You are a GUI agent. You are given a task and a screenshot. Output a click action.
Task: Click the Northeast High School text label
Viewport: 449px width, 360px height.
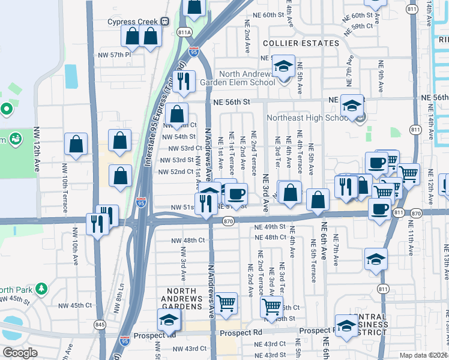[307, 118]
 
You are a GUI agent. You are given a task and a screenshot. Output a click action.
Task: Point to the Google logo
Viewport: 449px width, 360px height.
[20, 353]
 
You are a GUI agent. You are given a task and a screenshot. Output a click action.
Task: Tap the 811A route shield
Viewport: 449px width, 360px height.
[184, 32]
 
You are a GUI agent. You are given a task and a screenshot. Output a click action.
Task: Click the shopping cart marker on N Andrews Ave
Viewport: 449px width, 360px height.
[226, 303]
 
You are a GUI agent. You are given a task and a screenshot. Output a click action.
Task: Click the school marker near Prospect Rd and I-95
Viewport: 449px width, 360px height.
[169, 320]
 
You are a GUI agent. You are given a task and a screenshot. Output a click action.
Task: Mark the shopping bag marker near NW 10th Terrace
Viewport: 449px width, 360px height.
[76, 144]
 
